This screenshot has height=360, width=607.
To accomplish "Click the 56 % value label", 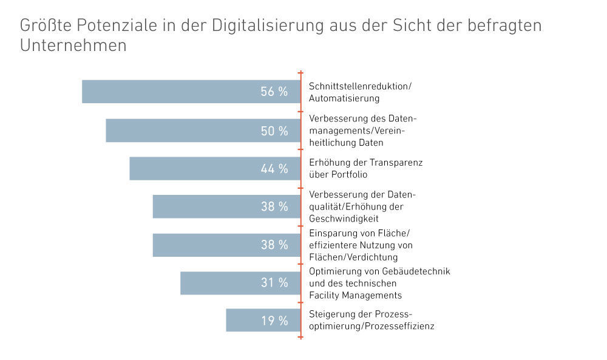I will pos(274,92).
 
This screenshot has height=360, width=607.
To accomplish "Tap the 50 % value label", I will pos(274,131).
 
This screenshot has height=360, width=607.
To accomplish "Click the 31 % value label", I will pos(274,283).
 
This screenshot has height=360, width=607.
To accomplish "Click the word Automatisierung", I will pos(344,98).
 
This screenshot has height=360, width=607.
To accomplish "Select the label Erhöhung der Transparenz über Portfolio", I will pos(365,168).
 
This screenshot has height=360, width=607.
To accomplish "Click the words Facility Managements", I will pos(355,295).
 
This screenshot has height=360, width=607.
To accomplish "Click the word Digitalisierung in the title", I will pos(272,26).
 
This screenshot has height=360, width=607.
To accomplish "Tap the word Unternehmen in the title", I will pos(73,46).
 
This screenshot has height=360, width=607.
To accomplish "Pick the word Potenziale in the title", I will pos(124,26).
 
